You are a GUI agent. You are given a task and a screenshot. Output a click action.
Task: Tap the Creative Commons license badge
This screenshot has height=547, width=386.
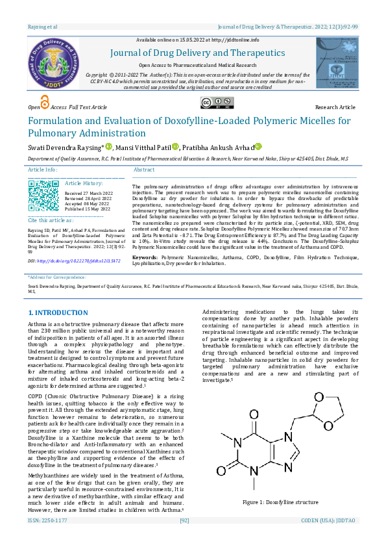coord(217,103)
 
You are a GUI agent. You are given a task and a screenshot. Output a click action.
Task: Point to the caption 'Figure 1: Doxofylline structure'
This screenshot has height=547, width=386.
coord(280,502)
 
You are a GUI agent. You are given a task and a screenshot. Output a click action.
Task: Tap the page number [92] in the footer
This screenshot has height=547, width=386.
coord(184,538)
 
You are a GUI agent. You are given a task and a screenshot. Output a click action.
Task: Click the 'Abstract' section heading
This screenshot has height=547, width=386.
coord(144,169)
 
